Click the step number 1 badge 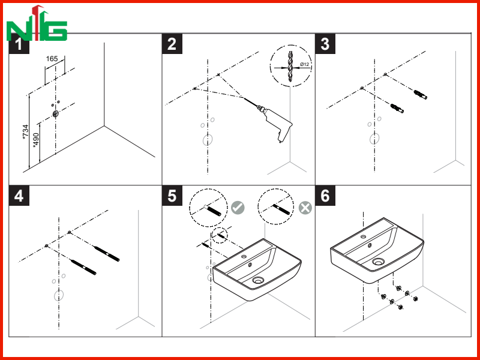coord(19,44)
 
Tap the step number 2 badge coord(172,44)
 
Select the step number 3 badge coord(325,44)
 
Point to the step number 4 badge coord(19,196)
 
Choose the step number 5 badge coord(172,196)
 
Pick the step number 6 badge coord(325,196)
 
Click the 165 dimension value coord(52,58)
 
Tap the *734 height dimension coord(26,133)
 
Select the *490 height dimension coord(36,140)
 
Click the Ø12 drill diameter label coord(304,64)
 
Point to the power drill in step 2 coord(274,123)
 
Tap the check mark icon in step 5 coord(238,208)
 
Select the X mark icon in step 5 coord(305,208)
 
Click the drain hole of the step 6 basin coord(379,262)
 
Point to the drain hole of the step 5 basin coord(259,280)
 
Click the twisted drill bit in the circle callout coord(290,67)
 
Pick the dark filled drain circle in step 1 coord(55,114)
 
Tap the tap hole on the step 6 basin coord(363,236)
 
